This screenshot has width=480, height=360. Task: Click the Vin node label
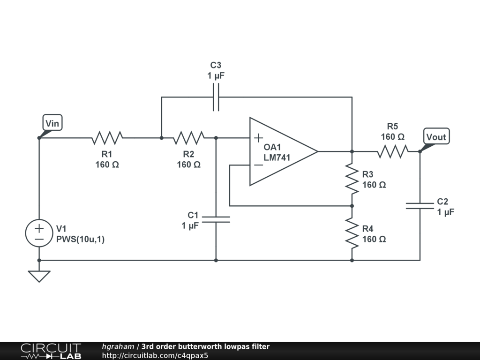(x=52, y=123)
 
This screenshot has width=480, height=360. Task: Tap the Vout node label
(x=436, y=136)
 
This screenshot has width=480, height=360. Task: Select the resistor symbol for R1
(x=107, y=138)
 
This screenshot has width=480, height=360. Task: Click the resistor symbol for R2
(x=189, y=138)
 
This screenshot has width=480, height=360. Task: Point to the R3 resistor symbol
(x=352, y=178)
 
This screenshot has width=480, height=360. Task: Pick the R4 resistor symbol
(x=352, y=233)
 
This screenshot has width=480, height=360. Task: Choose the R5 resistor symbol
(x=393, y=151)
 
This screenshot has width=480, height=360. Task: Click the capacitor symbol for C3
(x=216, y=97)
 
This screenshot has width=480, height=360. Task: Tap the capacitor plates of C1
(x=216, y=219)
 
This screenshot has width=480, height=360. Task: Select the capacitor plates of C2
(x=420, y=205)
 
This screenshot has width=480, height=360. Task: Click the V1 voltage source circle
(x=39, y=233)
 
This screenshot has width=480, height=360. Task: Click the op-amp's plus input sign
(x=258, y=138)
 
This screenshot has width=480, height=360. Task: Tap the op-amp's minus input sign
(x=258, y=165)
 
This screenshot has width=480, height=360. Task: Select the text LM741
(x=277, y=157)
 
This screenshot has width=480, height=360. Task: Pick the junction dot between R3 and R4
(x=352, y=206)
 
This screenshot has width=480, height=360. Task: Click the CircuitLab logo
(x=51, y=351)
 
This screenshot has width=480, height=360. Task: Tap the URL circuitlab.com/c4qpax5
(x=155, y=355)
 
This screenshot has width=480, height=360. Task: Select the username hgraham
(x=118, y=347)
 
